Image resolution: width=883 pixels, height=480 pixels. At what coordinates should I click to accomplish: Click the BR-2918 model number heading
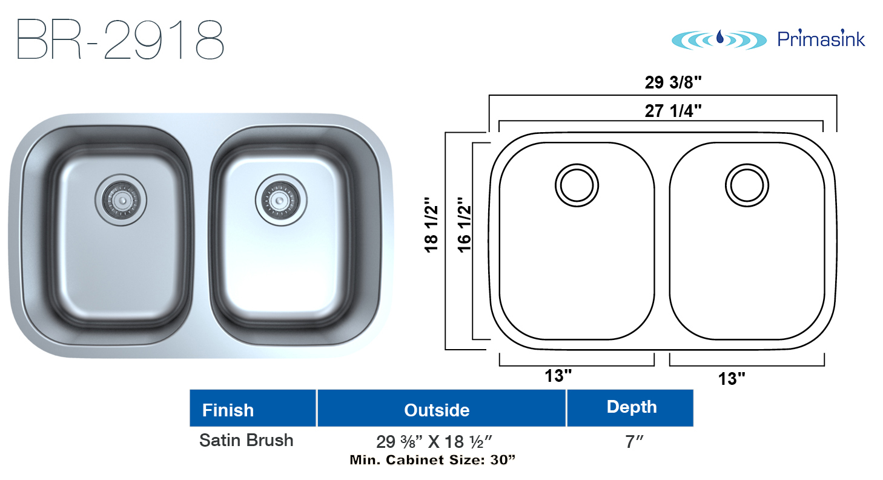[x=121, y=40]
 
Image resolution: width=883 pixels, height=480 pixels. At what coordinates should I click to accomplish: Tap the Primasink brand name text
[x=821, y=39]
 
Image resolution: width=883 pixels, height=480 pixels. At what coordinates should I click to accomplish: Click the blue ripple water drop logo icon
[x=719, y=40]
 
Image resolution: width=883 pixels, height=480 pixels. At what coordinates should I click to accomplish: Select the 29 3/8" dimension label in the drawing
[x=673, y=82]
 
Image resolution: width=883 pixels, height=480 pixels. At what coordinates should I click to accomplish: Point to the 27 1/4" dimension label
[x=673, y=111]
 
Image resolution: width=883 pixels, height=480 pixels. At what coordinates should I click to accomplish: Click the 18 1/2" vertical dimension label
[x=431, y=225]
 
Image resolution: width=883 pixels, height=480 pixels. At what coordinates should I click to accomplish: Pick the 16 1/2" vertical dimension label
[x=465, y=225]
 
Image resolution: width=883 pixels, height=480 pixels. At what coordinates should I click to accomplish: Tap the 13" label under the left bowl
[x=558, y=376]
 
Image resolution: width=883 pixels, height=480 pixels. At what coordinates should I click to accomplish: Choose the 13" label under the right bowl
[x=732, y=379]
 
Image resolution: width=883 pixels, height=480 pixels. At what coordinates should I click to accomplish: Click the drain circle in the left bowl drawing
[x=577, y=185]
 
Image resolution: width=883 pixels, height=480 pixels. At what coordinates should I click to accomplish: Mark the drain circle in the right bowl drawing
[x=747, y=185]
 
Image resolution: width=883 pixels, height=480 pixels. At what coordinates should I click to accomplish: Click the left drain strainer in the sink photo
[x=121, y=201]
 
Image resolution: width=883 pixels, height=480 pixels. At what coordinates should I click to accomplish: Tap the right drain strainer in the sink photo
[x=280, y=201]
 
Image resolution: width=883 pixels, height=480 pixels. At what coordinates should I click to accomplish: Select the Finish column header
[x=228, y=410]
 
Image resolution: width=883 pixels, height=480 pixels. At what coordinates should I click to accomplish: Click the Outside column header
[x=437, y=410]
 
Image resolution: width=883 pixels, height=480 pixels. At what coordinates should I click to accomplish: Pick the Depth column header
[x=632, y=407]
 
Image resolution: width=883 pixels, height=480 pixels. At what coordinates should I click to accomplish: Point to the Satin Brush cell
[x=246, y=440]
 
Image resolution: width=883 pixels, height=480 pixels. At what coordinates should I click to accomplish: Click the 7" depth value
[x=634, y=442]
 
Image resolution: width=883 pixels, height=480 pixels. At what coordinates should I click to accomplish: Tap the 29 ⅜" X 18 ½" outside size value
[x=434, y=442]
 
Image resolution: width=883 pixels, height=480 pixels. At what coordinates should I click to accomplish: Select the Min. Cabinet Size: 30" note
[x=432, y=460]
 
